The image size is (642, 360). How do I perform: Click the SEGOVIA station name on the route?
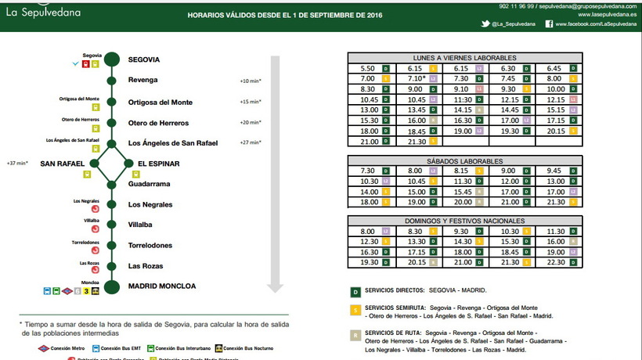[144, 59]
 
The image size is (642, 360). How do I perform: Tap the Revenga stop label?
[143, 80]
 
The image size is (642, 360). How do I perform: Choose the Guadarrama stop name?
[149, 184]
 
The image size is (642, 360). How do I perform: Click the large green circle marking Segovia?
[113, 59]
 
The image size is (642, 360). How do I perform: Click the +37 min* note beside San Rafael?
[16, 164]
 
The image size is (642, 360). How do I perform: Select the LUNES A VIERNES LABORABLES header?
[464, 58]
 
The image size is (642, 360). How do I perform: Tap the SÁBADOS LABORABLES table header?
[464, 160]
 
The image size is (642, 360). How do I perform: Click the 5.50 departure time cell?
[368, 69]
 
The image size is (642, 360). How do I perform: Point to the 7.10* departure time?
[417, 79]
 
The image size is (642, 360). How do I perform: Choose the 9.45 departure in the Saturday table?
[556, 171]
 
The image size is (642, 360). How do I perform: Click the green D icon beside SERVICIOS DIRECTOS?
[355, 291]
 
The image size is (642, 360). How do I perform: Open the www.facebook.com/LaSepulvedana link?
[599, 24]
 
